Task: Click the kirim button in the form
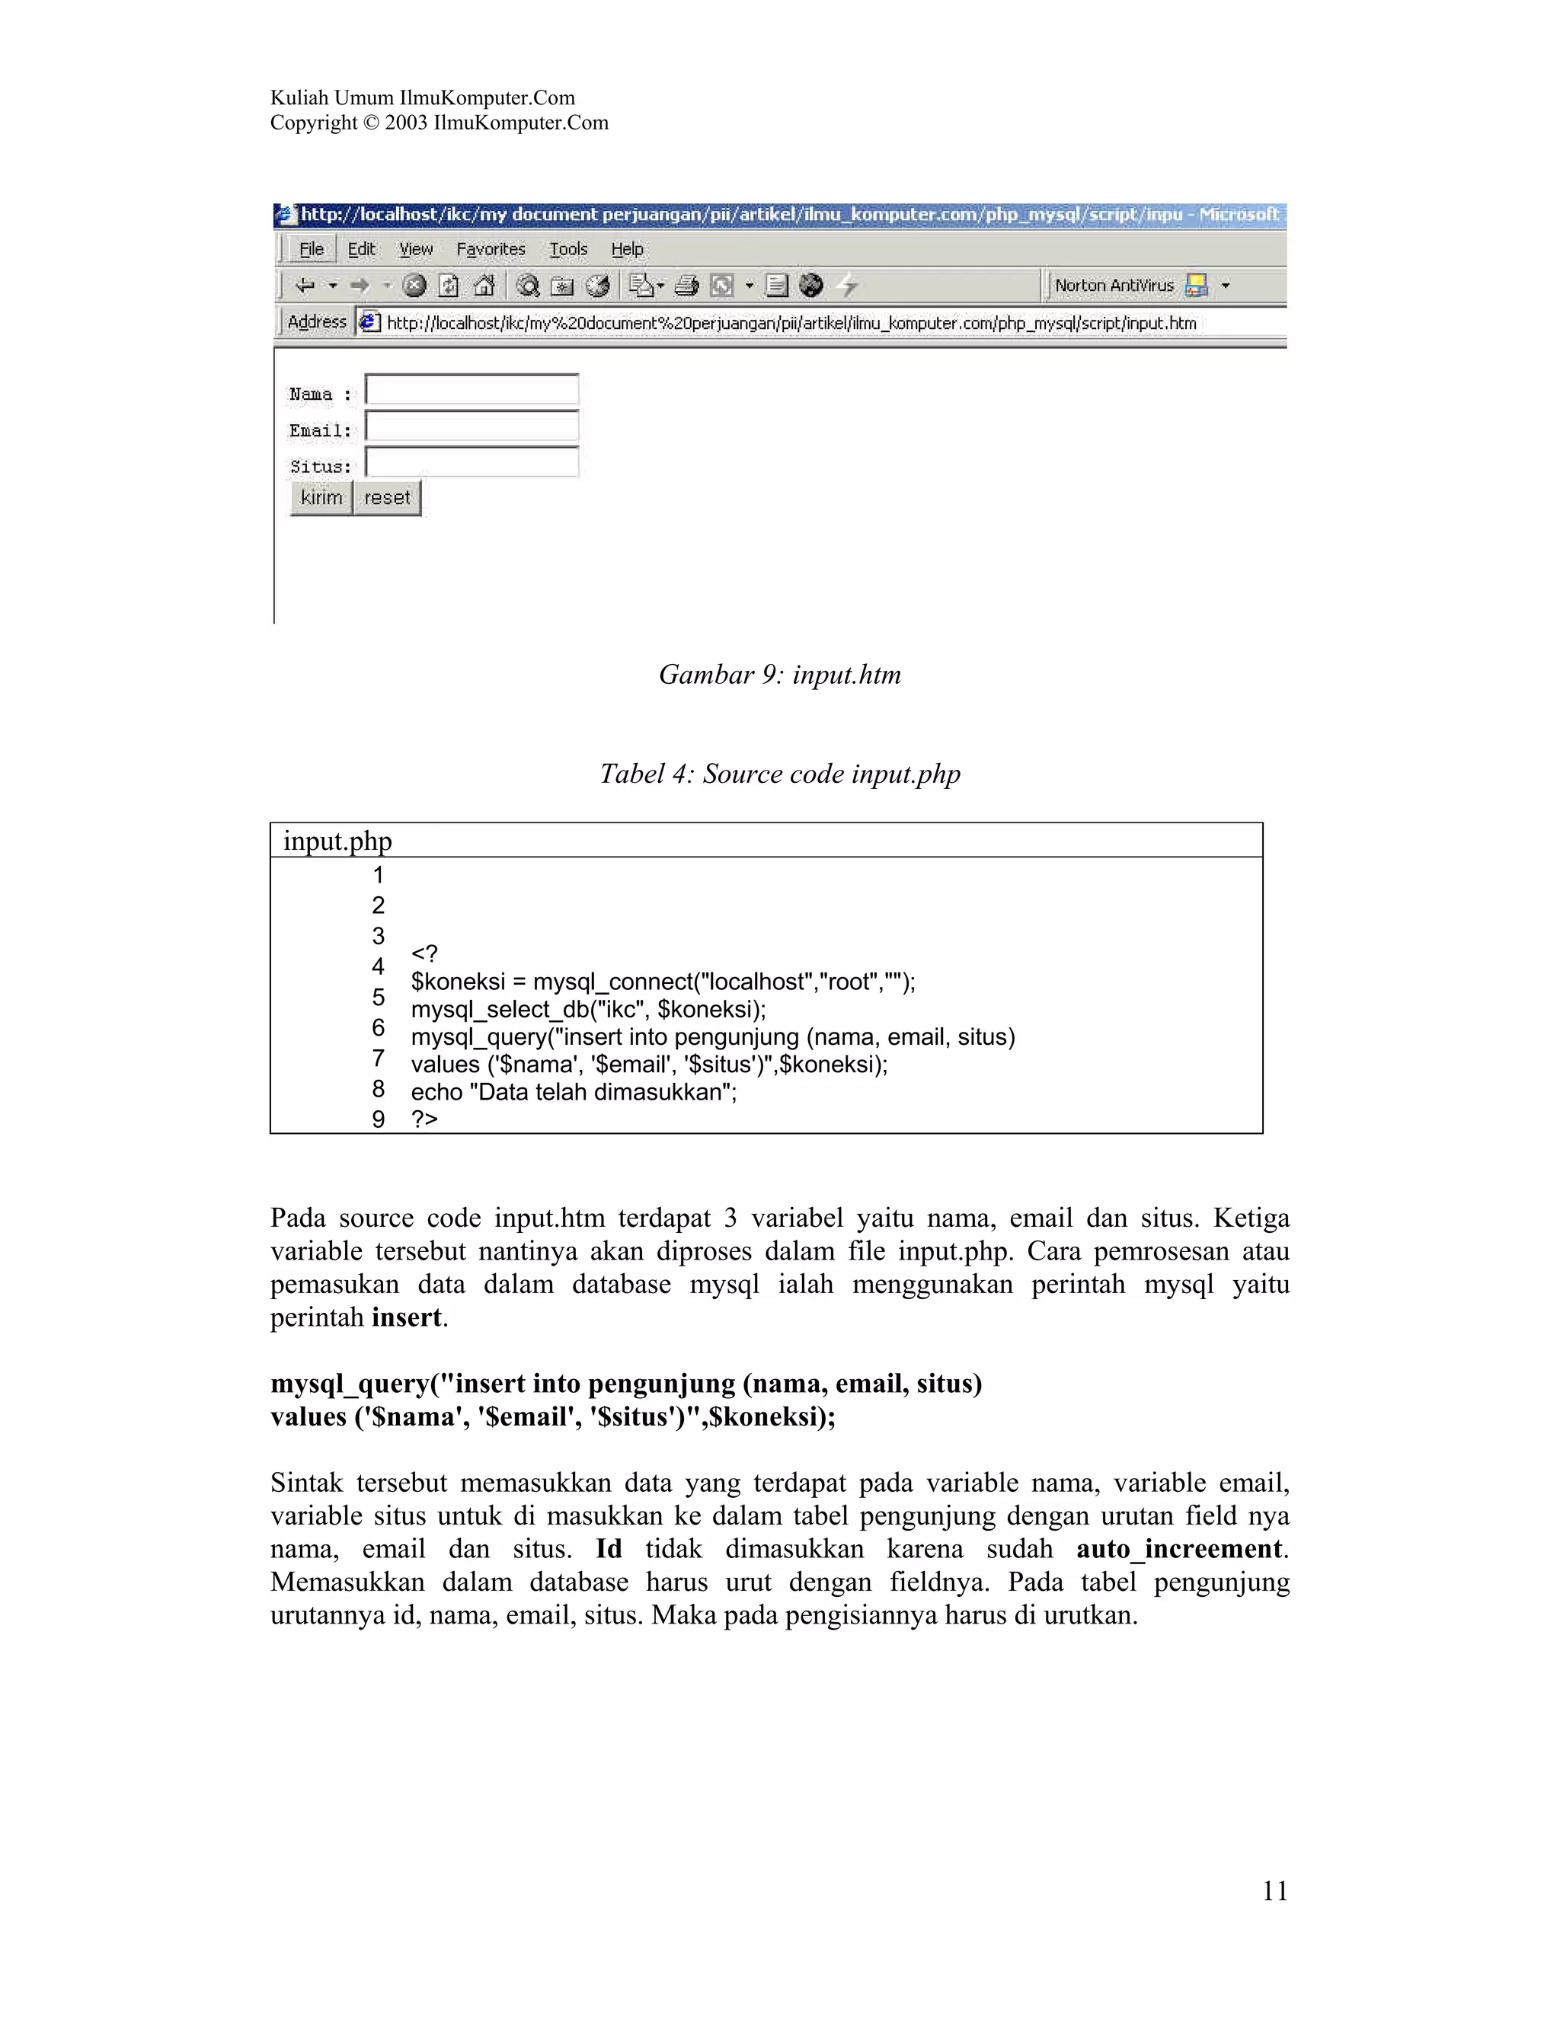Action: [x=321, y=498]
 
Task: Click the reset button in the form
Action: [x=386, y=498]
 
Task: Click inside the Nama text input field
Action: [x=472, y=390]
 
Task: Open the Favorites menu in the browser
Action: [x=490, y=250]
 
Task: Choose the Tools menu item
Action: [x=567, y=250]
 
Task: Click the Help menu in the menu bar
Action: [x=627, y=250]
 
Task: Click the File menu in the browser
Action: [x=312, y=250]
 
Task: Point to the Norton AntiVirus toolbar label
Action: [x=1114, y=286]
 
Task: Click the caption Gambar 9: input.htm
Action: [x=779, y=675]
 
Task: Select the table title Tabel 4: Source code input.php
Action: [x=779, y=774]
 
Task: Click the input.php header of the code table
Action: [x=337, y=841]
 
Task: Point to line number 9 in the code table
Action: [x=378, y=1119]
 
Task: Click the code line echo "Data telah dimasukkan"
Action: [x=573, y=1092]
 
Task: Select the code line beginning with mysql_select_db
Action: [x=588, y=1009]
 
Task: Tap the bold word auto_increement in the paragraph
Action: [x=1179, y=1549]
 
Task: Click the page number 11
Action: [x=1274, y=1892]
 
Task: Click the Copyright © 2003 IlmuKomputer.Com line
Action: [x=439, y=123]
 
